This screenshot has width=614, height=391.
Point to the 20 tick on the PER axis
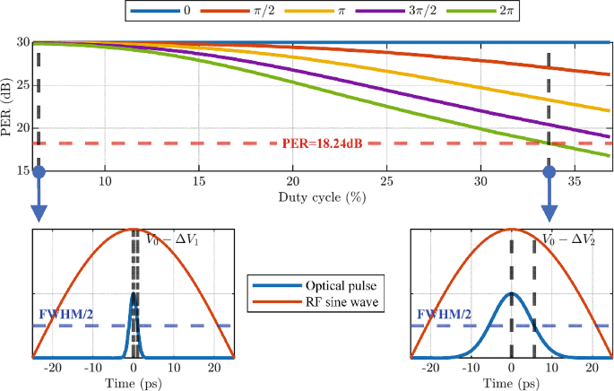23,127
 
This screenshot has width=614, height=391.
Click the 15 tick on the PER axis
23,169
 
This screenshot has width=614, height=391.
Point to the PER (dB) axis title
8,106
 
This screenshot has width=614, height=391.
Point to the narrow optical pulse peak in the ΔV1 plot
134,294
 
